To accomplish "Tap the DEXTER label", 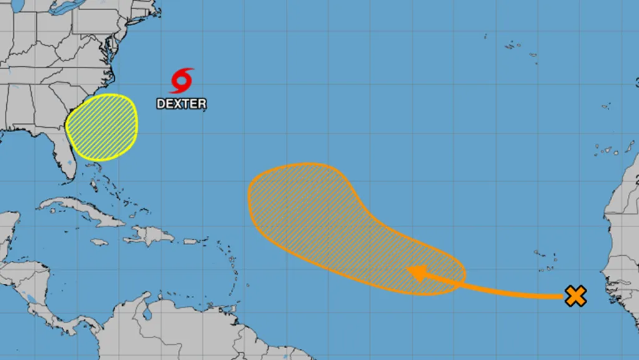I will pos(181,104).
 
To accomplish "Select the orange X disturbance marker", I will pos(575,296).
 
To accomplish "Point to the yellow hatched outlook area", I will pos(102,125).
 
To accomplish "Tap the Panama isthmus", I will pos(75,324).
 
